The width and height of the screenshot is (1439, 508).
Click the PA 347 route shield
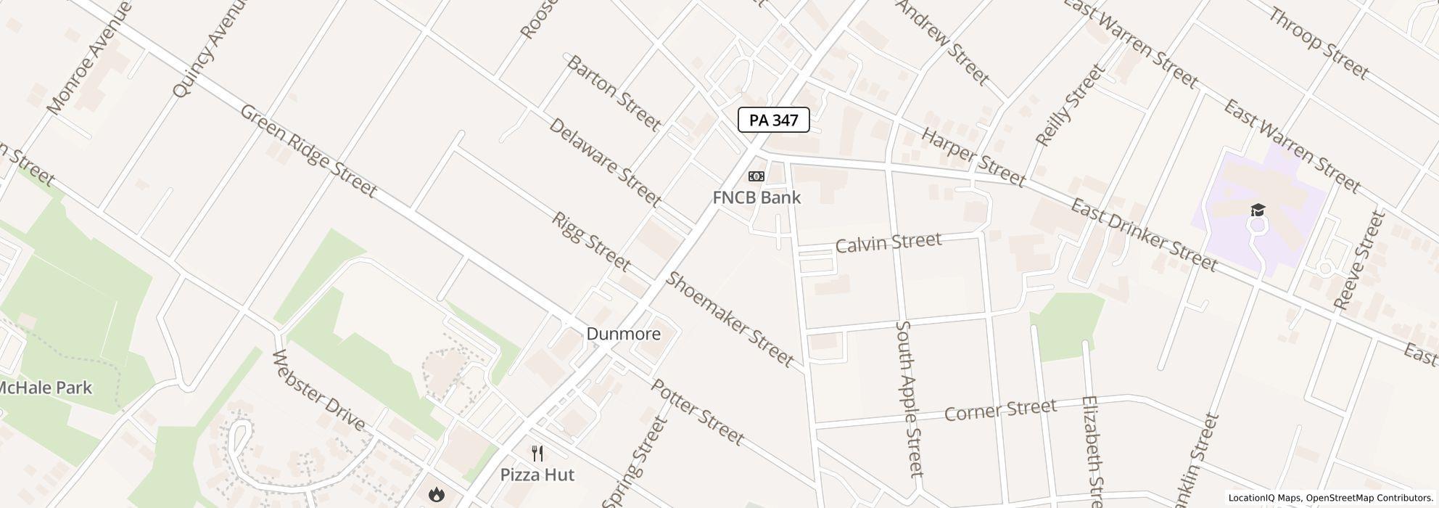(773, 120)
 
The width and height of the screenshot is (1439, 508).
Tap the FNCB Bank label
(756, 197)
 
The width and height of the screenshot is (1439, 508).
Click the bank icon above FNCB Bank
(756, 176)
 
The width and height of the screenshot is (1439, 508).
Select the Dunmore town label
(623, 334)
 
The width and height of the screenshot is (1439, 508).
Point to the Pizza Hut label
(537, 475)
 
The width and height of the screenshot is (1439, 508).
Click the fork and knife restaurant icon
(537, 454)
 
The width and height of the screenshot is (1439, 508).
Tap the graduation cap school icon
(1257, 210)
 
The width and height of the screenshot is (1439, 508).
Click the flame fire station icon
(436, 495)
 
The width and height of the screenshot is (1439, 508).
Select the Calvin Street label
(888, 242)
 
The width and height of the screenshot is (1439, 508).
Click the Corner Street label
(999, 410)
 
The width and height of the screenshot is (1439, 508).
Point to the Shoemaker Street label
(730, 319)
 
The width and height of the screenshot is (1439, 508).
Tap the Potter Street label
(697, 412)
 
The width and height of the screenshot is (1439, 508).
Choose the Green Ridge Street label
(308, 151)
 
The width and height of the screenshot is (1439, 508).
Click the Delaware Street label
(604, 162)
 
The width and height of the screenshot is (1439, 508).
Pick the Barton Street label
(613, 93)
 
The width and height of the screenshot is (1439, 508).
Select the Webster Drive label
(318, 390)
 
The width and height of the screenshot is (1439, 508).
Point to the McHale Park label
(45, 388)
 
